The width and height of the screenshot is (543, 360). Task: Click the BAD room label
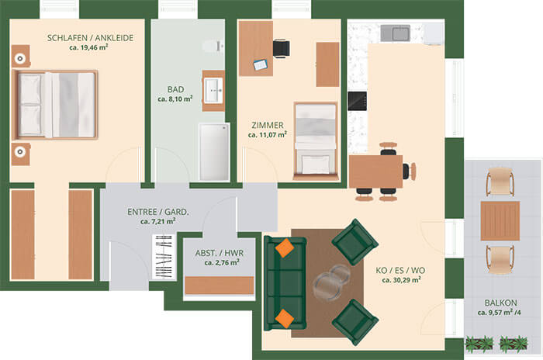175,89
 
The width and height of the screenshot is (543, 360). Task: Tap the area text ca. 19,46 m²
88,47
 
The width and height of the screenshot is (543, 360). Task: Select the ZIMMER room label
268,125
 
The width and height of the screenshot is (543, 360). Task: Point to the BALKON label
500,303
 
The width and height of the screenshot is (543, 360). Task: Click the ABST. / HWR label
220,253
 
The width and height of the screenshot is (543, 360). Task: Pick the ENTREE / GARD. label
158,212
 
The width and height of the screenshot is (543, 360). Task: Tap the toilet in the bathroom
213,46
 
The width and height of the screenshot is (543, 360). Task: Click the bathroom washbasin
213,91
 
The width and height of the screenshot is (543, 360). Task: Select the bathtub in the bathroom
214,152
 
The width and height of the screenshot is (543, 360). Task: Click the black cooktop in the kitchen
357,101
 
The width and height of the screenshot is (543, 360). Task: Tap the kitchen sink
396,33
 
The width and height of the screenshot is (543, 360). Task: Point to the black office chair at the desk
281,49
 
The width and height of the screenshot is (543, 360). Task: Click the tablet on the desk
260,65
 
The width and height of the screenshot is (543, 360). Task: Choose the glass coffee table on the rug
331,280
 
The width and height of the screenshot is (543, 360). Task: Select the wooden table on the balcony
500,221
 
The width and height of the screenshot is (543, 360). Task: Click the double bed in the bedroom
55,105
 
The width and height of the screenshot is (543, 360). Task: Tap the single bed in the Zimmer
315,141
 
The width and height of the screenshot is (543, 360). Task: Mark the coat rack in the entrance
164,257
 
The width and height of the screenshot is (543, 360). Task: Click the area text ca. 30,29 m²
401,279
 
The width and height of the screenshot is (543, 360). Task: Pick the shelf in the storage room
220,286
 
